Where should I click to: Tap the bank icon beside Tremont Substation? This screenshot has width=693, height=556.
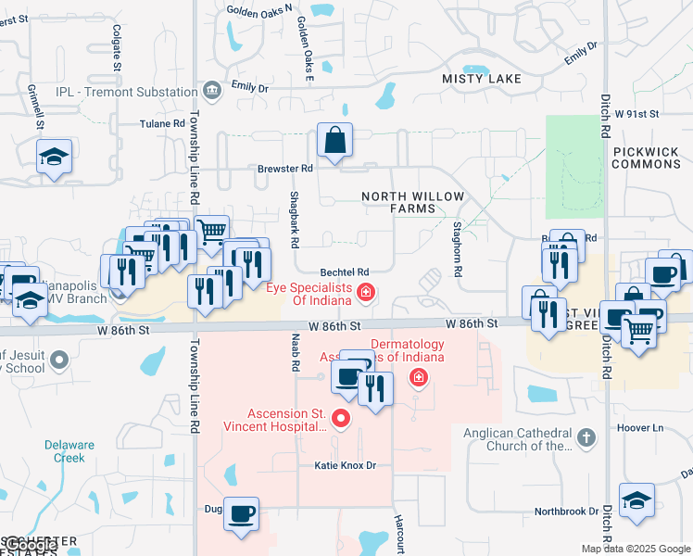(x=212, y=91)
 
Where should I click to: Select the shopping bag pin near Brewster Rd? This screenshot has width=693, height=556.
(x=334, y=140)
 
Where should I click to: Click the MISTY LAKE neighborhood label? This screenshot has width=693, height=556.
(x=482, y=80)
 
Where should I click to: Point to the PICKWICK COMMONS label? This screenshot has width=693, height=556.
(x=647, y=157)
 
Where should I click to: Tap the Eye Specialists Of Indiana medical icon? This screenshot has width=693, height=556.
(x=367, y=294)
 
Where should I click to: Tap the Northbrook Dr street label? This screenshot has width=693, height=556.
(x=567, y=512)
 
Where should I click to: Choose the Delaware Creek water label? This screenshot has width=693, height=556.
(x=69, y=451)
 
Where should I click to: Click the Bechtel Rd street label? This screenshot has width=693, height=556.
(x=345, y=272)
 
